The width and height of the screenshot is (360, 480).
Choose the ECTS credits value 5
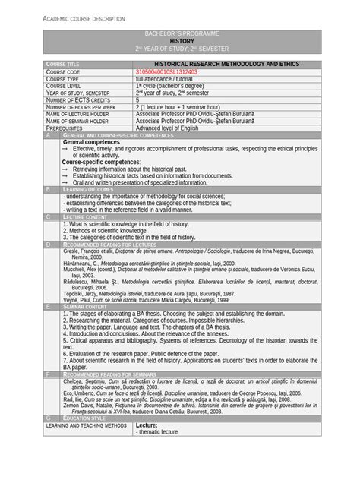(137, 99)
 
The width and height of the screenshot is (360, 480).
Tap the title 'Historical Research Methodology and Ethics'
(217, 65)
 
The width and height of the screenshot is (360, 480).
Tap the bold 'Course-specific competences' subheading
(101, 162)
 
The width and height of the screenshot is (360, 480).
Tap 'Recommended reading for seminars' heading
(112, 374)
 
